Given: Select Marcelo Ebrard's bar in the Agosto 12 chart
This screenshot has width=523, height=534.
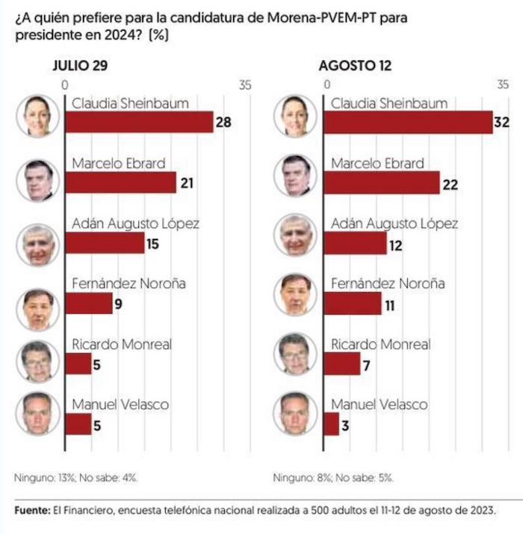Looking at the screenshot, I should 381,182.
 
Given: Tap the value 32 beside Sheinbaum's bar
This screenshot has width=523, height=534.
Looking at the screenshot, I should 504,122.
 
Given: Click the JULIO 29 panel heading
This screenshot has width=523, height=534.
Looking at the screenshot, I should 80,66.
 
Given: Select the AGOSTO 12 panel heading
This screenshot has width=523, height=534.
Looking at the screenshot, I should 355,66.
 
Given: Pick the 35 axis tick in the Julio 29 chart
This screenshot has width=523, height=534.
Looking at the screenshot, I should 245,85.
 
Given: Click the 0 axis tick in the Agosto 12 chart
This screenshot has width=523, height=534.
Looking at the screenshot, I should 324,85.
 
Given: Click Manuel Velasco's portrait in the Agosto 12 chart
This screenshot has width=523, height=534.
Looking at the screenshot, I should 295,414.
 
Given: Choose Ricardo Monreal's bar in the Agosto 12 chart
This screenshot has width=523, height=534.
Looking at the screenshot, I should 341,364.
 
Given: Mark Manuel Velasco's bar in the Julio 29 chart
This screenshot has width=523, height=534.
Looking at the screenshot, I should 78,424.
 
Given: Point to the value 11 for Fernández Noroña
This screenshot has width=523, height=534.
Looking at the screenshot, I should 389,305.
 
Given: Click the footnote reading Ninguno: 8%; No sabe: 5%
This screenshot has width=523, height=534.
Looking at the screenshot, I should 332,477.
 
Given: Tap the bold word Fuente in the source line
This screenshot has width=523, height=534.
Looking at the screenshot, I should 31,509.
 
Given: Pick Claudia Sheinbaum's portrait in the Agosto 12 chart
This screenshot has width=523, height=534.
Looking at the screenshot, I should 295,116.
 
